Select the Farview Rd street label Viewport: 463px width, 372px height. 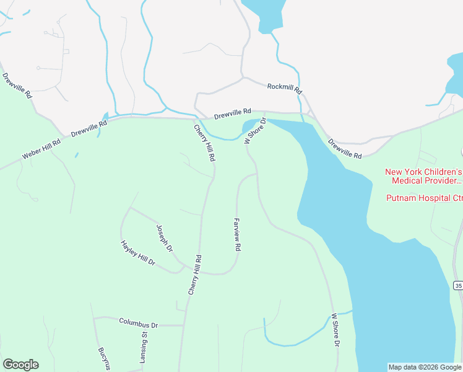tap(236, 234)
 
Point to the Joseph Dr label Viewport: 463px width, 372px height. tap(165, 238)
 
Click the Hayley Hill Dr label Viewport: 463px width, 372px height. tap(137, 253)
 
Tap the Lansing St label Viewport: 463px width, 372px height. tap(144, 347)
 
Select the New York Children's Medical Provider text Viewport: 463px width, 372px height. tap(423, 176)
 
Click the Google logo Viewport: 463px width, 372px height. tap(20, 365)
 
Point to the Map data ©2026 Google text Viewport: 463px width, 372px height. tap(424, 367)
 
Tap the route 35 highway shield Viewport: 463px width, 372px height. tap(457, 285)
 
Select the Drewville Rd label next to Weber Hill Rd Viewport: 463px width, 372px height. tap(89, 128)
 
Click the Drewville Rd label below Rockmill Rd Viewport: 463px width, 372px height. tap(234, 115)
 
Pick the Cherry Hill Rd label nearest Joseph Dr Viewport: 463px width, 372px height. tap(195, 275)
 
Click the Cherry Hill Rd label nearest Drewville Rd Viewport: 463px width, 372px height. tap(205, 143)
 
